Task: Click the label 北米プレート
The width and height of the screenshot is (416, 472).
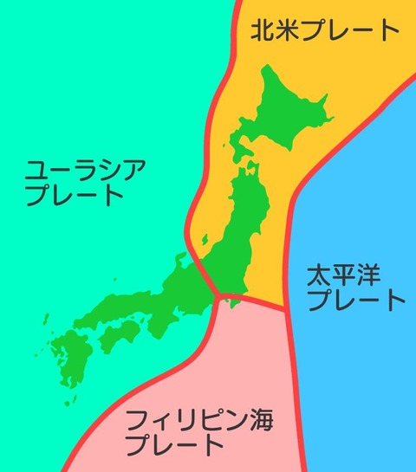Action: click(323, 33)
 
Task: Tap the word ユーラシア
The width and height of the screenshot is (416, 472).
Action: click(74, 167)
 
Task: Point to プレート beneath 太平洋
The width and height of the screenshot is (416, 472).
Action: click(356, 301)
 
